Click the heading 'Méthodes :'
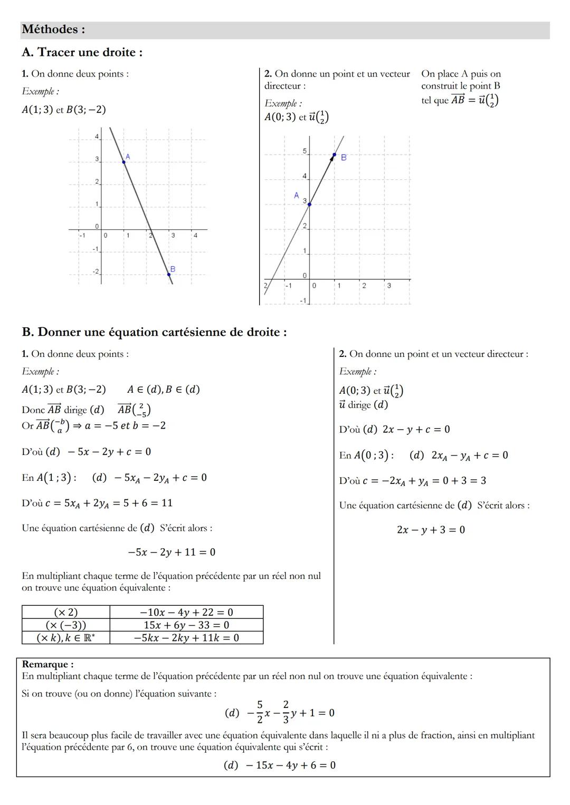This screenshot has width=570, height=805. point(53,30)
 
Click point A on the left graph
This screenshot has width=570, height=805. point(123,162)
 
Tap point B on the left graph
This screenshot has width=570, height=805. point(169,274)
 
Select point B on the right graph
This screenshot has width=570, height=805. point(334,155)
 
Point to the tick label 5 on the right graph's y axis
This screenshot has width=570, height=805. point(305,151)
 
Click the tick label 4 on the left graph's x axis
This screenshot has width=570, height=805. point(195,236)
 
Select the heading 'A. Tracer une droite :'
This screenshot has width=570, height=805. point(82,52)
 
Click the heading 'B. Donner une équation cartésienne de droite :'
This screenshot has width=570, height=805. point(155,332)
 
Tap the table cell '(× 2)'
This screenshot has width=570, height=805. point(66,612)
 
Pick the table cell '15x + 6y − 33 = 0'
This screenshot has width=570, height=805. point(186,625)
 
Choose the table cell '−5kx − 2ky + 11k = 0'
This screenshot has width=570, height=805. point(186,638)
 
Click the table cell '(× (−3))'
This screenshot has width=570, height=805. point(66,625)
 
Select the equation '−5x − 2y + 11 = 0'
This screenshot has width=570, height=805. point(172,552)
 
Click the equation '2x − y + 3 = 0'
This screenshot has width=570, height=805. point(431,530)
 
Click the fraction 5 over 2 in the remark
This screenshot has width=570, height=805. point(260,712)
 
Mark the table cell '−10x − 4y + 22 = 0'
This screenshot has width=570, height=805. point(186,612)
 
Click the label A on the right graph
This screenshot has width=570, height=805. point(297,196)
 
